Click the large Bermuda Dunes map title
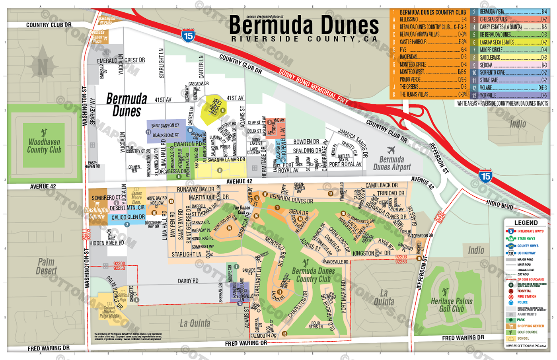click(x=304, y=25)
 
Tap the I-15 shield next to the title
click(x=188, y=36)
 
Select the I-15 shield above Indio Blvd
click(x=485, y=176)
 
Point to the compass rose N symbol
click(x=43, y=66)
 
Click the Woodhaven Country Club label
click(x=44, y=146)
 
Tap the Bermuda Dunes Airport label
click(x=391, y=163)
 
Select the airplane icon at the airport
click(x=391, y=150)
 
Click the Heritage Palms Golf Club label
click(x=451, y=305)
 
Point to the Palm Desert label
click(x=46, y=266)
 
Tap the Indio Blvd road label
click(x=500, y=205)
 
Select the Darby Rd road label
click(x=188, y=281)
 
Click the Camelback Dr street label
click(x=381, y=185)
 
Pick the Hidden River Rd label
click(x=106, y=243)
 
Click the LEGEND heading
click(x=526, y=223)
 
